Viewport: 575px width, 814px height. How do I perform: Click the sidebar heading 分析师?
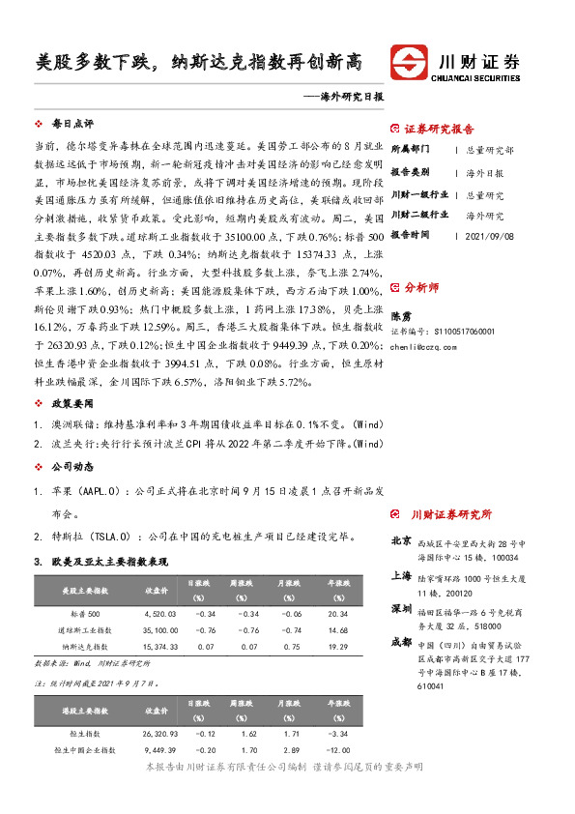tap(421, 287)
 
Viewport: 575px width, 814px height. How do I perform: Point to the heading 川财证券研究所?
tap(451, 514)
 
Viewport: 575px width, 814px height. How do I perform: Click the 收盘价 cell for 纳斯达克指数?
tap(158, 645)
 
